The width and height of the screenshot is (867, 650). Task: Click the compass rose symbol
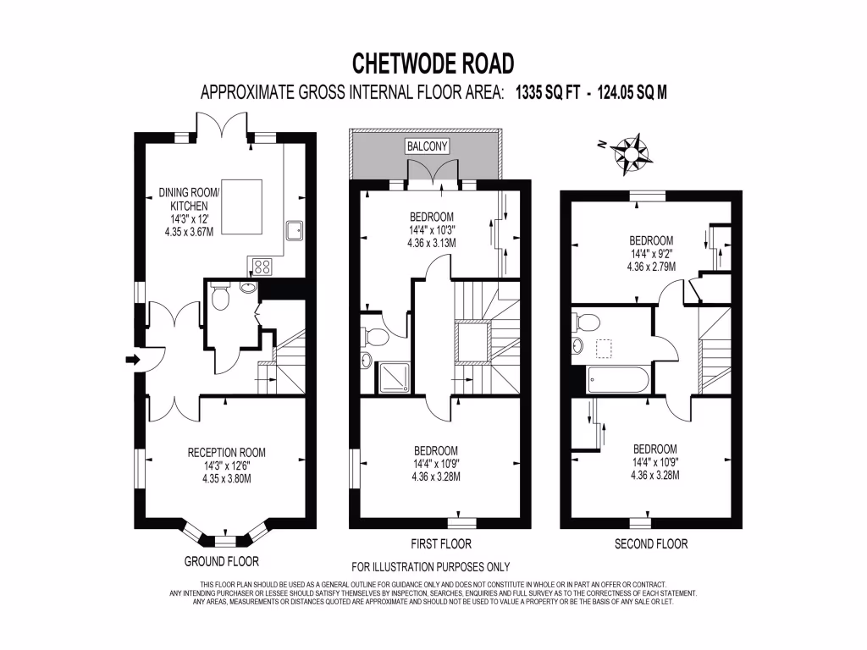[x=630, y=151]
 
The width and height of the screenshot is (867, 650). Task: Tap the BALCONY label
[x=428, y=146]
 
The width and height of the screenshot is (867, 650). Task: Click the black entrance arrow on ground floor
[x=132, y=360]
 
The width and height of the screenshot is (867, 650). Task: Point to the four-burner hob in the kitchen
[x=262, y=266]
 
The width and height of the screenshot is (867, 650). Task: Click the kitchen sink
[x=296, y=230]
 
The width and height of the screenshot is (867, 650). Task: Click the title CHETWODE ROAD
[x=433, y=63]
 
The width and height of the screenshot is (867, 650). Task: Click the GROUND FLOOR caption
[x=221, y=561]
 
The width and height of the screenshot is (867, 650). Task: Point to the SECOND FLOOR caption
[x=650, y=543]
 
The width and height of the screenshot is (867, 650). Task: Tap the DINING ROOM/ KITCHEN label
[x=190, y=199]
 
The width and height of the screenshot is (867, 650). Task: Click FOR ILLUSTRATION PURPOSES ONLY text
[x=430, y=567]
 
